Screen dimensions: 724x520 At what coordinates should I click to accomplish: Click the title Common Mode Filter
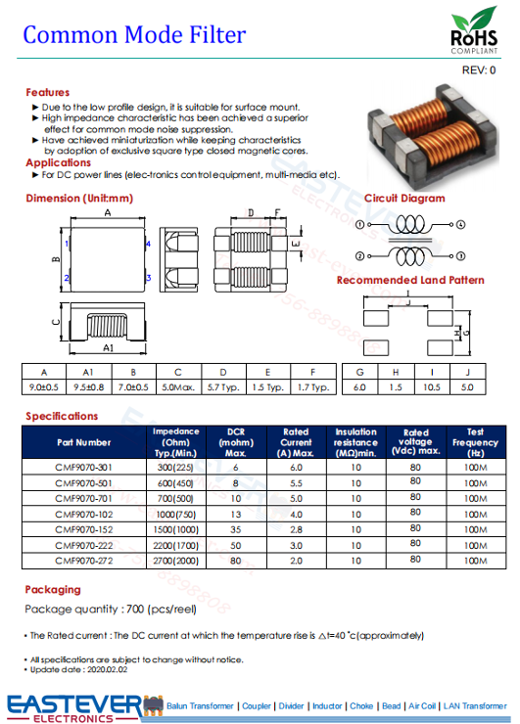pyautogui.click(x=134, y=36)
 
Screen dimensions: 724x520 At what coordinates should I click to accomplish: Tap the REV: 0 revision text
pyautogui.click(x=479, y=70)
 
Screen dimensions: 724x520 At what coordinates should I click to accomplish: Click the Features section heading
pyautogui.click(x=47, y=92)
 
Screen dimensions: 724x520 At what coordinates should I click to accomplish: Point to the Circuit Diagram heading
pyautogui.click(x=404, y=198)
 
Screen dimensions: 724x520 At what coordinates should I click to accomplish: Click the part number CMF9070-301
pyautogui.click(x=83, y=469)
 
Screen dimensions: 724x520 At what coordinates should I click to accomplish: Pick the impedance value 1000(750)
pyautogui.click(x=176, y=514)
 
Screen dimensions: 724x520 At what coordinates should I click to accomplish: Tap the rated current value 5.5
pyautogui.click(x=296, y=483)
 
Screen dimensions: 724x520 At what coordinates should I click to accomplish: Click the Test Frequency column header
pyautogui.click(x=475, y=441)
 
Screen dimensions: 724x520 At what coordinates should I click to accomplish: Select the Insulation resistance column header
pyautogui.click(x=355, y=441)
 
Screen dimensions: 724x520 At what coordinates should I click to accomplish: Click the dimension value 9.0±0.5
pyautogui.click(x=43, y=386)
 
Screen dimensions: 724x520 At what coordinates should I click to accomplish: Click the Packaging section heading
pyautogui.click(x=53, y=589)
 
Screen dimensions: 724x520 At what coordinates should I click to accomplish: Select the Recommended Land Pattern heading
pyautogui.click(x=410, y=280)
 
